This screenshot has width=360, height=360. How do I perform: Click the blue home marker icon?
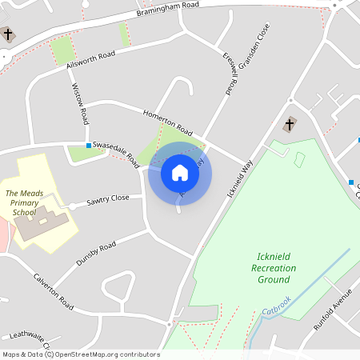180,172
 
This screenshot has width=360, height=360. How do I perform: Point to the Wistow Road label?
81,103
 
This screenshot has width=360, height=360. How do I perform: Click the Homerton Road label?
168,121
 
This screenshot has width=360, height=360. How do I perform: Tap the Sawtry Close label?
108,198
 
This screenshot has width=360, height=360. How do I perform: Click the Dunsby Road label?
96,253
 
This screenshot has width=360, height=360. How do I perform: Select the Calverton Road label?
54,293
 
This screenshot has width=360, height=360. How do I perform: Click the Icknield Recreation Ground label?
274,268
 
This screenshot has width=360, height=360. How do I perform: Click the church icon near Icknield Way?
290,125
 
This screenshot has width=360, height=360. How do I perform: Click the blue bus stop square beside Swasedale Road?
89,146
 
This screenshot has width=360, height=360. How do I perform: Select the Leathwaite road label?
28,340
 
